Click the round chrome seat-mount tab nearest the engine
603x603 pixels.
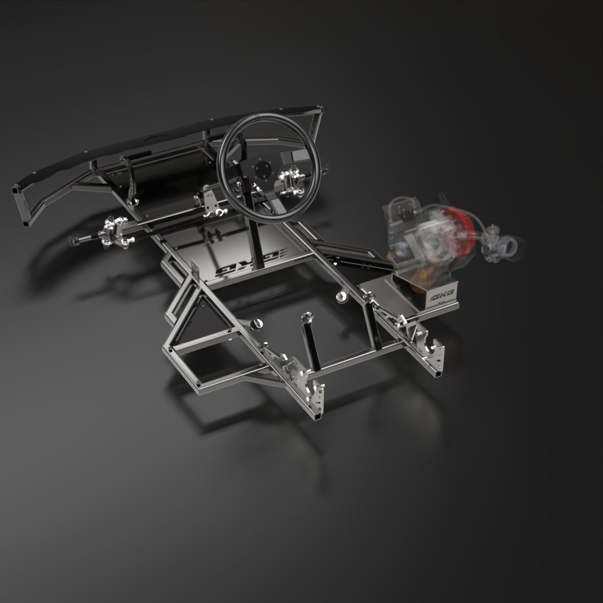(x=342, y=296)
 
